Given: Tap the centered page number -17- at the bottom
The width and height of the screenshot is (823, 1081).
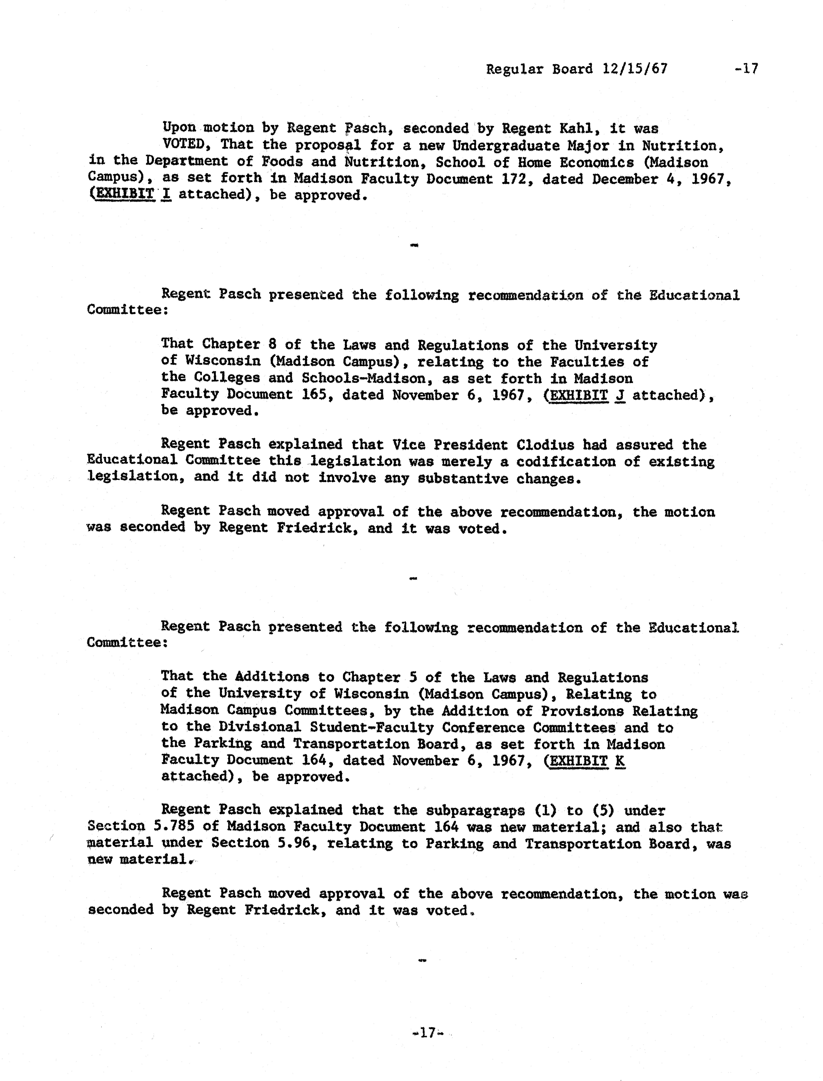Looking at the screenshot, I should tap(428, 1033).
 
